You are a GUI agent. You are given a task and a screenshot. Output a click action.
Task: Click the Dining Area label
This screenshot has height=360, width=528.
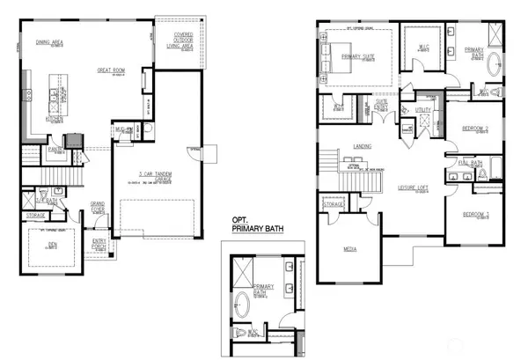point(48,40)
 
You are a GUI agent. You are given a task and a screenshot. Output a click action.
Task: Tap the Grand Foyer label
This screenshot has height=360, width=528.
point(99,206)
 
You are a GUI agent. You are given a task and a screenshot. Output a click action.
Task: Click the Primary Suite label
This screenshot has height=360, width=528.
point(356,58)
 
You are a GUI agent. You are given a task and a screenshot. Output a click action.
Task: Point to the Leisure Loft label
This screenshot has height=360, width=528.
point(412,187)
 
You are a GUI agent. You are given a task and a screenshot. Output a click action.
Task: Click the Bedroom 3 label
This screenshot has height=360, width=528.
point(475,215)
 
